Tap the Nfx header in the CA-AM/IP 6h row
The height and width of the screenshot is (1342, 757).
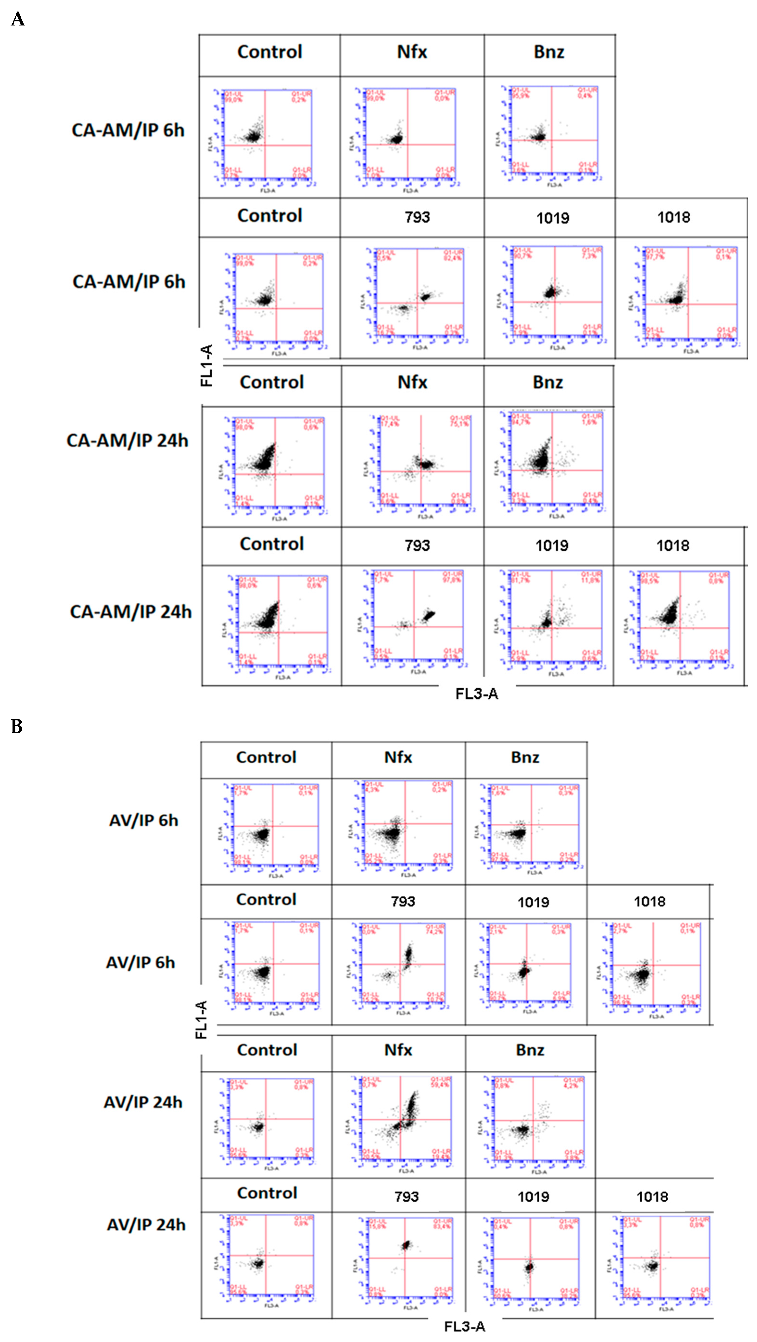point(412,52)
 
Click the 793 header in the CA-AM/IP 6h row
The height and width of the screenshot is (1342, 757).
point(417,217)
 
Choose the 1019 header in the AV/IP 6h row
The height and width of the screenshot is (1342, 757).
point(533,902)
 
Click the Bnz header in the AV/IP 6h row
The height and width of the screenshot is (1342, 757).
point(525,757)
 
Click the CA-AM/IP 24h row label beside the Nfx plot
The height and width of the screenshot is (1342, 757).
point(127,441)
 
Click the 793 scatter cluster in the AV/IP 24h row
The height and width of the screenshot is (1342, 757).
point(407,1245)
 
